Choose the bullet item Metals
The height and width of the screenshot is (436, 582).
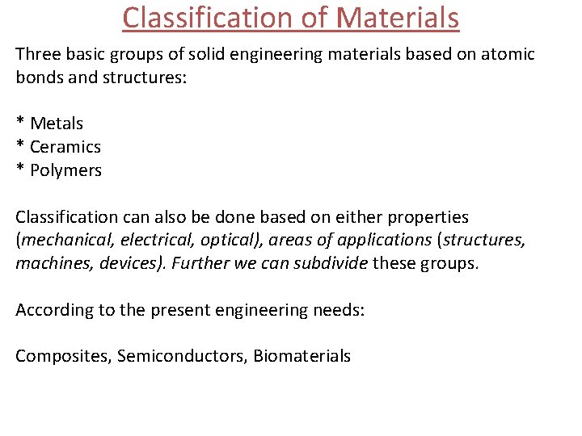pyautogui.click(x=57, y=124)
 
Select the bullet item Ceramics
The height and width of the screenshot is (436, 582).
pyautogui.click(x=65, y=147)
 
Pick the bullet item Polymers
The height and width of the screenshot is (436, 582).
pyautogui.click(x=65, y=170)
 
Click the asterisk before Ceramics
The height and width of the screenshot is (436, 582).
pyautogui.click(x=19, y=145)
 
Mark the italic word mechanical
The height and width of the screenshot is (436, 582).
pyautogui.click(x=62, y=241)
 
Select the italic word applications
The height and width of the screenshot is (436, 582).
pyautogui.click(x=368, y=241)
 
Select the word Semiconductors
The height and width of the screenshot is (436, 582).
pyautogui.click(x=182, y=356)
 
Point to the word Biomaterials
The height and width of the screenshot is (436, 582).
pyautogui.click(x=302, y=356)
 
